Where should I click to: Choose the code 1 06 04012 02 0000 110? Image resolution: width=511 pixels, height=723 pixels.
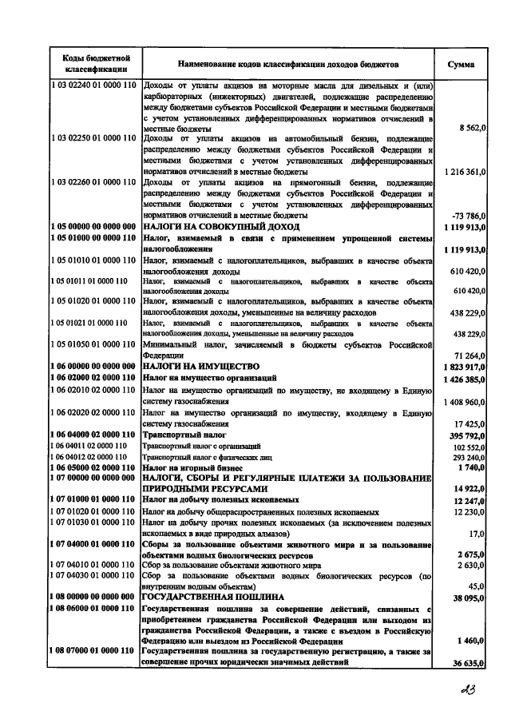pyautogui.click(x=89, y=455)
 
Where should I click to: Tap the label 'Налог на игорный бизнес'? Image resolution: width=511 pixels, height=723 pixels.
pyautogui.click(x=192, y=466)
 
